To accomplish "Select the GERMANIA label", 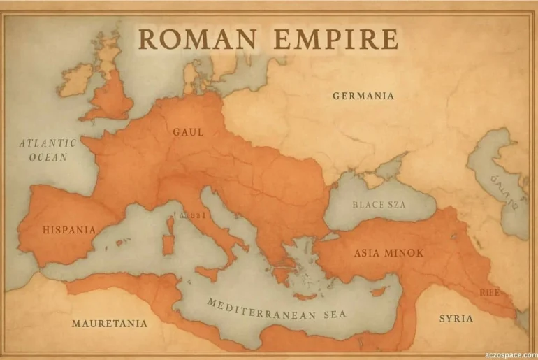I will (x=363, y=96).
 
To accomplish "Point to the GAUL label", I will (x=188, y=131).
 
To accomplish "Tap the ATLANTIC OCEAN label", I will (x=48, y=150).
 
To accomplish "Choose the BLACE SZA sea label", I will (x=378, y=205).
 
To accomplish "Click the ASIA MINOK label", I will (x=388, y=252).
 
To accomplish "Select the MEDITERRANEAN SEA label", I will (x=276, y=308).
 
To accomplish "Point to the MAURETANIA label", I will (x=110, y=324).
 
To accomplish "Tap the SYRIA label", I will (x=456, y=319).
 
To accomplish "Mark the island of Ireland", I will (x=77, y=79).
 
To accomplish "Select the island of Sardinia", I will (x=168, y=243).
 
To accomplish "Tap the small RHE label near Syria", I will (x=489, y=293).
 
